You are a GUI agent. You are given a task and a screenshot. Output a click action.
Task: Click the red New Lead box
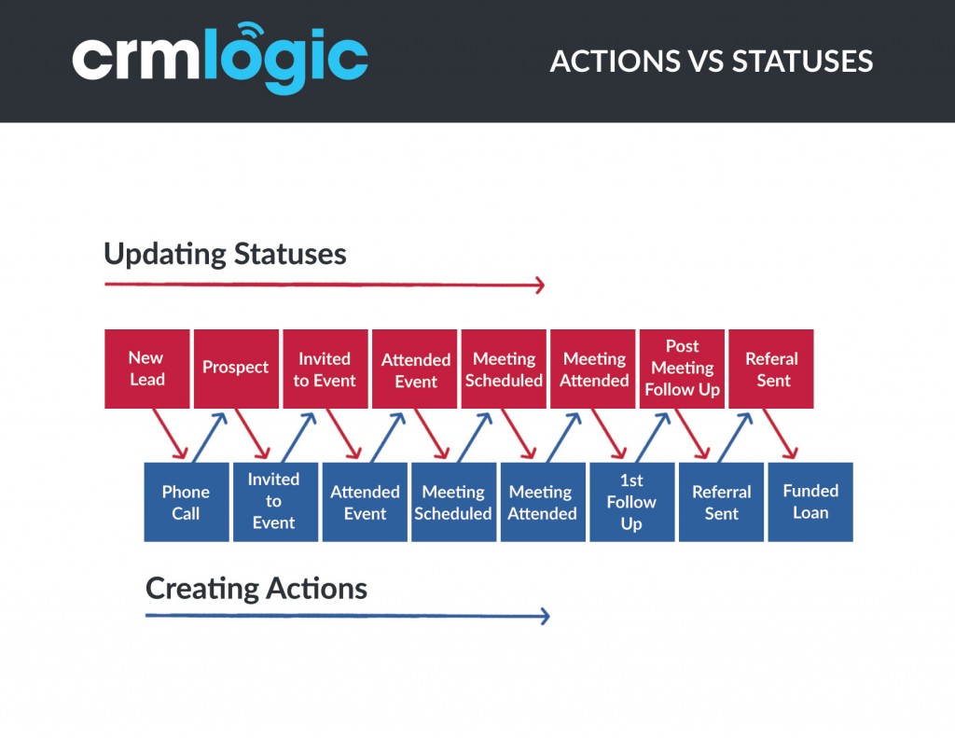point(146,369)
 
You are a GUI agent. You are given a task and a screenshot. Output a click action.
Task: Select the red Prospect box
point(236,369)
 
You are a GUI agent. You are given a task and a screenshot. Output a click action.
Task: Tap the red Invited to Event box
point(325,369)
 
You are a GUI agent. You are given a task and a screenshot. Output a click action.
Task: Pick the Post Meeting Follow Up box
point(682,369)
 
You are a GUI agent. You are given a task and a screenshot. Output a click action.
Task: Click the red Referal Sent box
point(771,369)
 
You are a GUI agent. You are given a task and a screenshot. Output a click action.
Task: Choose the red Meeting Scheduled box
point(504,369)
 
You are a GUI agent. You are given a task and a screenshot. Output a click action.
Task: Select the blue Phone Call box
point(187,502)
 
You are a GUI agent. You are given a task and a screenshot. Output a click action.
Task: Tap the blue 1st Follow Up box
point(632,502)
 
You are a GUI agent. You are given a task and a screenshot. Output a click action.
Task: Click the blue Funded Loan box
point(810,502)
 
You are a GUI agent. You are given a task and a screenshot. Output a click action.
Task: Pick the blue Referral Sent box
point(721,502)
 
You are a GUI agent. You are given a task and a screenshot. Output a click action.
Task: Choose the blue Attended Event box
point(365,502)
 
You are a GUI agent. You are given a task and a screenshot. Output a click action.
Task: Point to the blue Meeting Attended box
point(544,502)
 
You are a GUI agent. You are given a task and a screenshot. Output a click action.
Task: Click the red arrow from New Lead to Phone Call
point(170,434)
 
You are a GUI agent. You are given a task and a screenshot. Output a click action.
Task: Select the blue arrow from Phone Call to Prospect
point(210,437)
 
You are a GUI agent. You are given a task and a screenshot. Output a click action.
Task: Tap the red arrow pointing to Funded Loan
point(781,434)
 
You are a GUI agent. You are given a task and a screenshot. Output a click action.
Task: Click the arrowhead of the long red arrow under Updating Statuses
point(540,285)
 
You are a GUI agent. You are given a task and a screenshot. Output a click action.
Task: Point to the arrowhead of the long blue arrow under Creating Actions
point(545,616)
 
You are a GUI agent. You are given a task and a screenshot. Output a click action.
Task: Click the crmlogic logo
point(220,59)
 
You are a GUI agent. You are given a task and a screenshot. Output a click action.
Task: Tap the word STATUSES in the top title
point(802,62)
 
